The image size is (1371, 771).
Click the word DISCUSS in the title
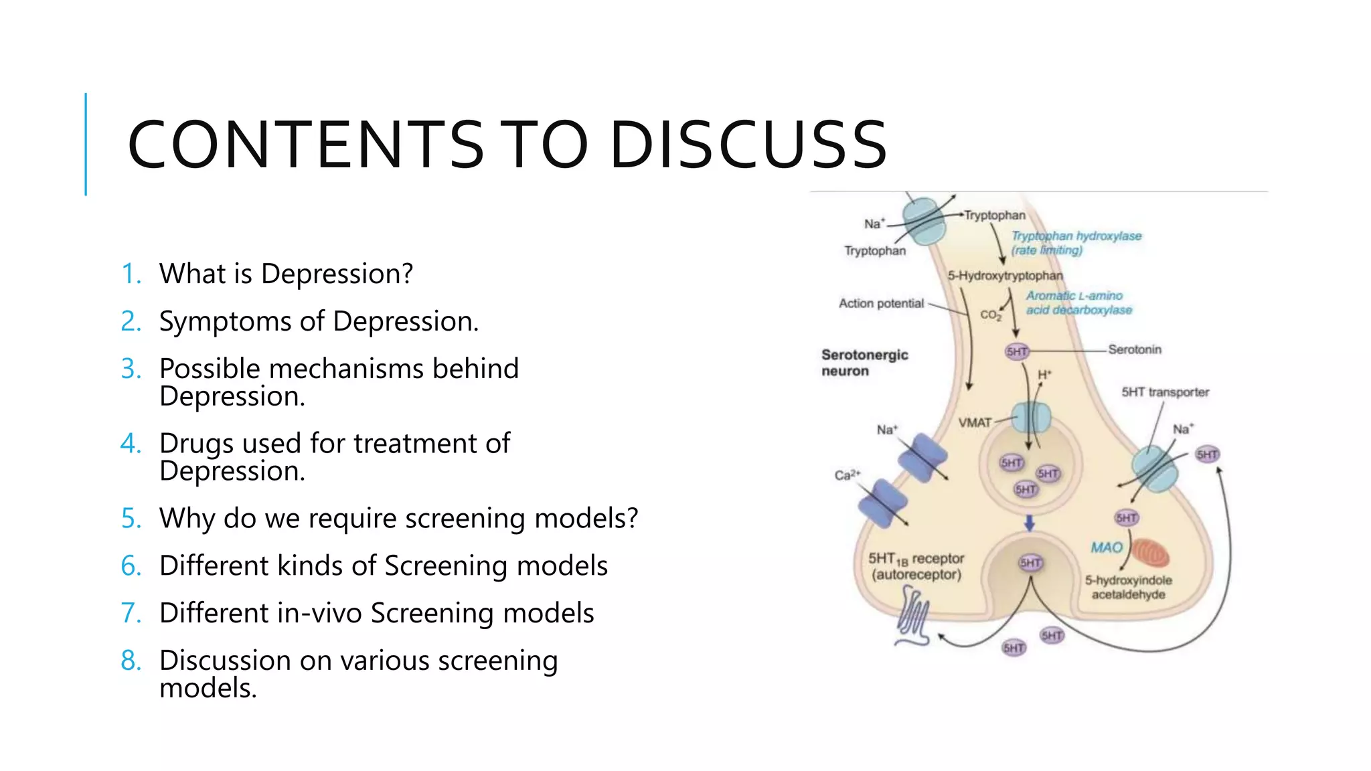(x=748, y=145)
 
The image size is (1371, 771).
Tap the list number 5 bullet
(x=131, y=519)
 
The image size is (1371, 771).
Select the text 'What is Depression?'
(x=286, y=274)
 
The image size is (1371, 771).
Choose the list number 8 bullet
(x=131, y=661)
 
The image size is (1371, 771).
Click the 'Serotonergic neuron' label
(x=864, y=363)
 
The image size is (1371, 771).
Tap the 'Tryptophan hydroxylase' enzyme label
(x=1076, y=236)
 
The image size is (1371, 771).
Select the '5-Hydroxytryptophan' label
(x=1004, y=276)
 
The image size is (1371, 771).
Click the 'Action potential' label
(x=881, y=303)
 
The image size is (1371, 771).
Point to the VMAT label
(x=974, y=423)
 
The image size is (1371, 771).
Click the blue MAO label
(x=1106, y=547)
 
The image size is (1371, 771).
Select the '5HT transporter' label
(x=1165, y=392)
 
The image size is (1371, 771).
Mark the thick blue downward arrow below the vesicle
(x=1030, y=523)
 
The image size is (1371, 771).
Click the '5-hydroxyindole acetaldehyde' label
(x=1128, y=587)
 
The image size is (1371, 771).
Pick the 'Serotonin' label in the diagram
(x=1134, y=349)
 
